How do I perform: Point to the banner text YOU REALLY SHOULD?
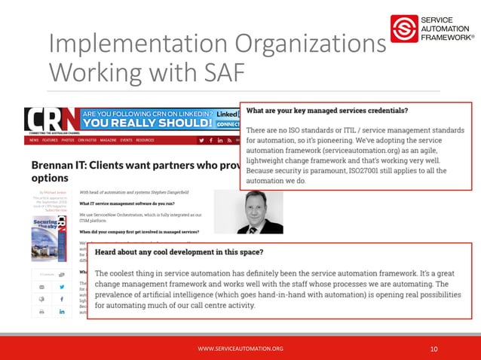(x=146, y=124)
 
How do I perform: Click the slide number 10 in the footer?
(x=434, y=348)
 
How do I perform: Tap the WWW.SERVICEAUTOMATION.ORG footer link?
(x=240, y=348)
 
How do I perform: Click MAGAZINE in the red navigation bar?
(x=102, y=140)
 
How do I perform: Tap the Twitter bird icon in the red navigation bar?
(x=201, y=140)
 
